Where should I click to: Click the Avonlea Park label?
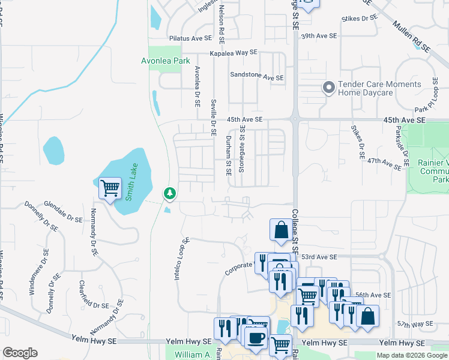tap(165, 61)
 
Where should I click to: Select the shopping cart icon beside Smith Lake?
tap(110, 188)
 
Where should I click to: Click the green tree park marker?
tap(170, 193)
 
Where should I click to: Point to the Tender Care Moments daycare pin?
tap(328, 88)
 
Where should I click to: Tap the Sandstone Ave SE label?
tap(256, 77)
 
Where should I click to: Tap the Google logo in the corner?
tap(20, 353)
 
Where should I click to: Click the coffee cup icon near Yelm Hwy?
tap(257, 337)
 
